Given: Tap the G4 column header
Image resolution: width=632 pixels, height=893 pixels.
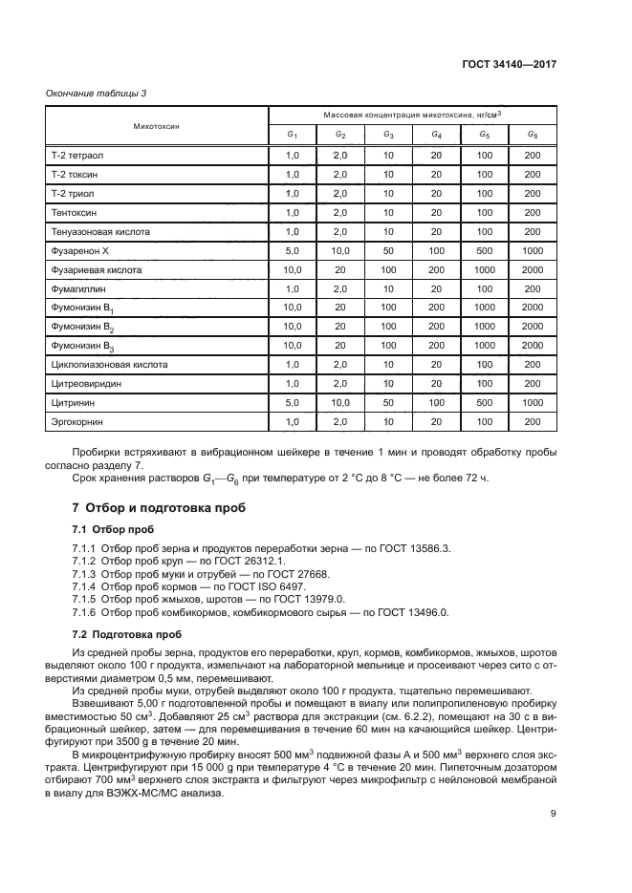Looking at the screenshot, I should pos(436,135).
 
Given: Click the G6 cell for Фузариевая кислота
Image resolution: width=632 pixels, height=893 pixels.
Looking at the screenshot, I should pos(533,270).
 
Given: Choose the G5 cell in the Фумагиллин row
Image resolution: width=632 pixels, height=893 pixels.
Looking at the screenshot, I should pos(485,288).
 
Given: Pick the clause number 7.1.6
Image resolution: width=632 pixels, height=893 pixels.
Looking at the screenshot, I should pos(87,611).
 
